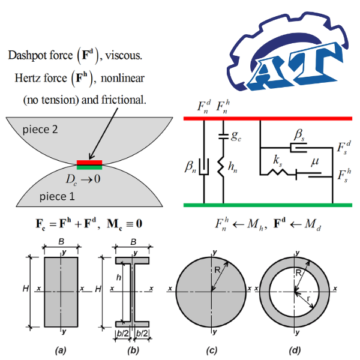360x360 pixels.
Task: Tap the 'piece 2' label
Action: [x=41, y=130]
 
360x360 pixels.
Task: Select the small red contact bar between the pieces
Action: [x=89, y=162]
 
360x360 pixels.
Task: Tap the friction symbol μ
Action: [x=313, y=162]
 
